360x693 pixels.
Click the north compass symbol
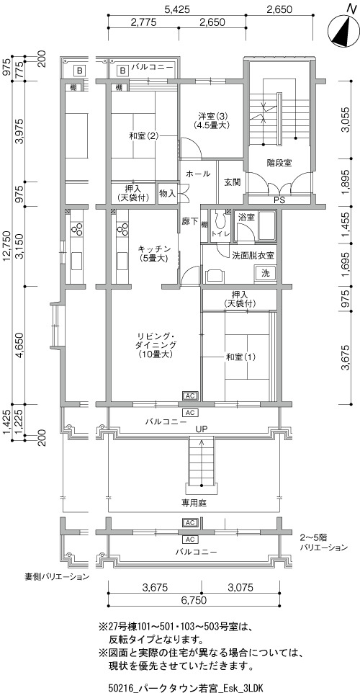point(343,30)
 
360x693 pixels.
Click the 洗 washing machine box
point(265,273)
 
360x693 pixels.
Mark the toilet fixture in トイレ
point(219,218)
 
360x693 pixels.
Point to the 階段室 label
point(279,163)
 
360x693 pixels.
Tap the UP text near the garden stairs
point(202,429)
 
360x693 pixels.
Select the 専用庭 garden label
point(194,503)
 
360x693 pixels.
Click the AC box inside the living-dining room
point(190,395)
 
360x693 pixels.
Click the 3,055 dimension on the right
point(347,120)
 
